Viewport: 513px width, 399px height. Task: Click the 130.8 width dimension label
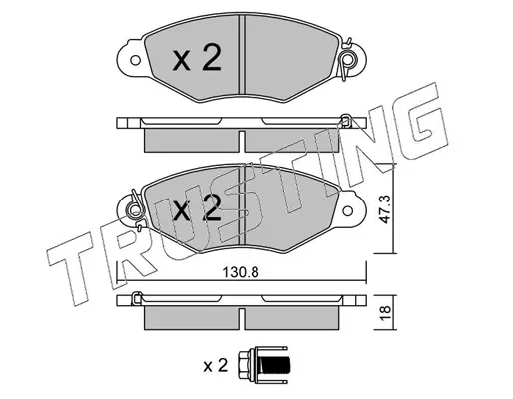pyautogui.click(x=241, y=273)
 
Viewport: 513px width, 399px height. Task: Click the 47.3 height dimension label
pyautogui.click(x=385, y=209)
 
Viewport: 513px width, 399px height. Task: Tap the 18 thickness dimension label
pyautogui.click(x=385, y=313)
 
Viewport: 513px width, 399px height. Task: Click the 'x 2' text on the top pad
pyautogui.click(x=197, y=58)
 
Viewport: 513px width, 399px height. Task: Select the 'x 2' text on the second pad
pyautogui.click(x=197, y=208)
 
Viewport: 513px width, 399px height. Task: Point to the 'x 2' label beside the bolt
pyautogui.click(x=215, y=366)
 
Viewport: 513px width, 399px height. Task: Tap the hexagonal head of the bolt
pyautogui.click(x=247, y=366)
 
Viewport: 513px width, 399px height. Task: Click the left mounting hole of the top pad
pyautogui.click(x=135, y=60)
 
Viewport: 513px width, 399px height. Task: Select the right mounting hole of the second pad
pyautogui.click(x=348, y=210)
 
